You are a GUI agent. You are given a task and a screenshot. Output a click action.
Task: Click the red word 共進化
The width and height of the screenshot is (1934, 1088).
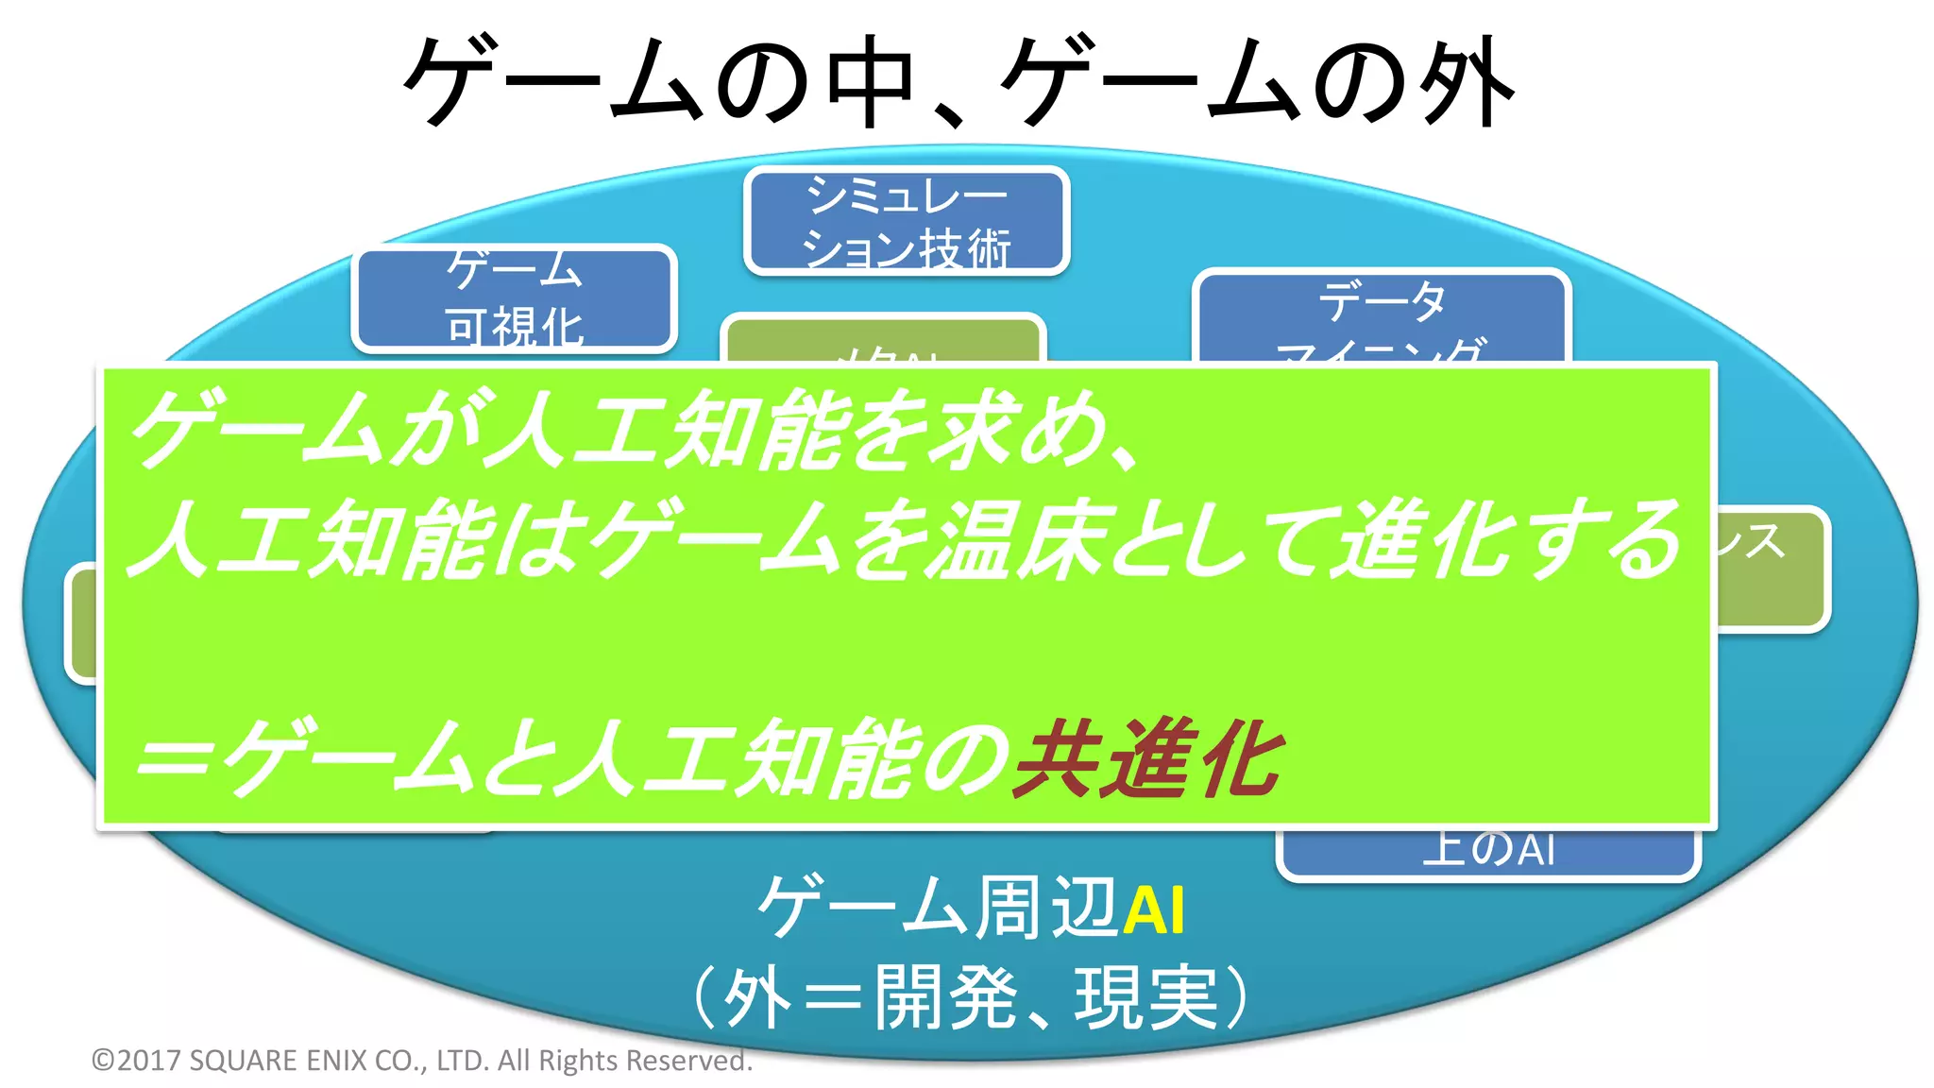click(1147, 758)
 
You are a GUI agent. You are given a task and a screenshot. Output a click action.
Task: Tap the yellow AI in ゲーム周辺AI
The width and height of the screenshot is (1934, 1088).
click(1153, 909)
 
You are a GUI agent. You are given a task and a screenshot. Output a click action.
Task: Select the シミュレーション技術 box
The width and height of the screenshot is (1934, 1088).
click(907, 221)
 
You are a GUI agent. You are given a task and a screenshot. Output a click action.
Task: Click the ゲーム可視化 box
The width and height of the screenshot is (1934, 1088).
click(515, 297)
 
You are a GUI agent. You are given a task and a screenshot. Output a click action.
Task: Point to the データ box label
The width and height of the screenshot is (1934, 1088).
click(1382, 302)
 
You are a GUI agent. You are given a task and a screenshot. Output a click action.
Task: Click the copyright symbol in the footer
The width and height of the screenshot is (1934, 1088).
click(102, 1061)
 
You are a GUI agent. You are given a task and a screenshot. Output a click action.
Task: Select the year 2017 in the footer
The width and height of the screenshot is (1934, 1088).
click(149, 1061)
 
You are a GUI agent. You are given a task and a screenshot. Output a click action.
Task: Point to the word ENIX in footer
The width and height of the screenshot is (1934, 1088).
click(336, 1061)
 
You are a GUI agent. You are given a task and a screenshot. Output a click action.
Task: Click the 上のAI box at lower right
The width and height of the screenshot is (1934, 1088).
click(1488, 850)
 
